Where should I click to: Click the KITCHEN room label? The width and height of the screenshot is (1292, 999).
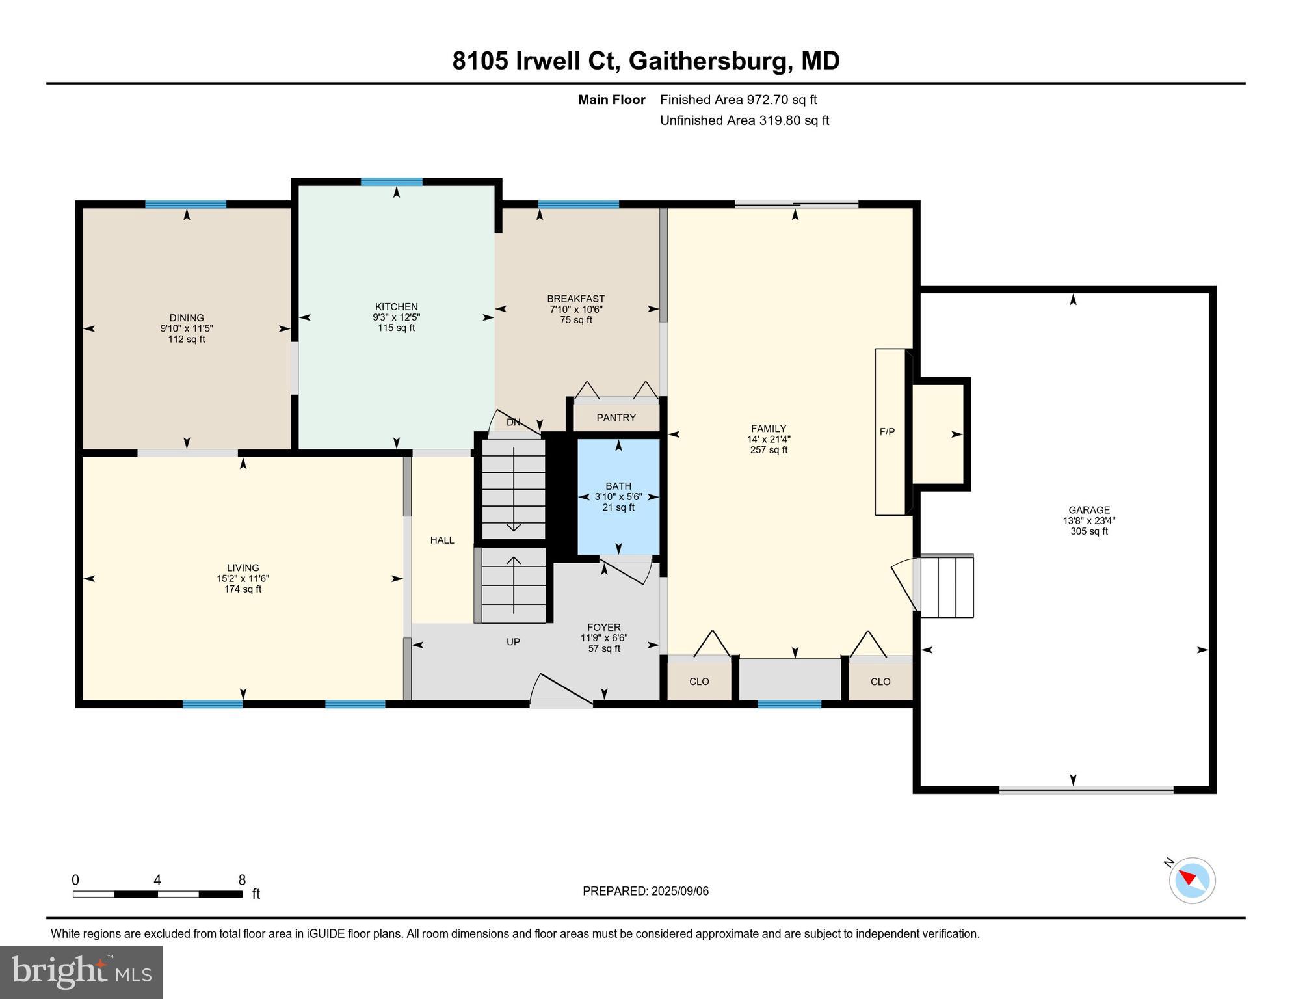click(x=396, y=306)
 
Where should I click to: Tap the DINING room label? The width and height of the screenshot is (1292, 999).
click(x=187, y=318)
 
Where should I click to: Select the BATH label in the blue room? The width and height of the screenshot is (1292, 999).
click(x=618, y=486)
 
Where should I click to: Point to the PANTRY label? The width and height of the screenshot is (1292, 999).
click(x=616, y=418)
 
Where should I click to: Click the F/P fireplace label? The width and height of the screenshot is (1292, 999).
click(x=887, y=431)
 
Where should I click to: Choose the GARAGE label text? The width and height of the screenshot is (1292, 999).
click(x=1088, y=510)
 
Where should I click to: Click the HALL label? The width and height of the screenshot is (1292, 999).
click(x=442, y=540)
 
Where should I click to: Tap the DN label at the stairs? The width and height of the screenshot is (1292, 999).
click(x=513, y=422)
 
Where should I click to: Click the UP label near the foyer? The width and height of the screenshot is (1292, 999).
click(x=513, y=642)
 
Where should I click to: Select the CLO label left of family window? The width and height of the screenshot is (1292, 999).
click(x=699, y=682)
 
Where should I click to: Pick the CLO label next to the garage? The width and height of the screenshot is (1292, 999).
click(x=880, y=682)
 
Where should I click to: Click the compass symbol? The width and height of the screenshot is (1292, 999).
click(x=1192, y=880)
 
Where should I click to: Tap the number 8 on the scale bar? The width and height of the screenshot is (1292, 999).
click(x=242, y=880)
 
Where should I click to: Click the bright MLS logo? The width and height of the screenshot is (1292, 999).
click(x=81, y=972)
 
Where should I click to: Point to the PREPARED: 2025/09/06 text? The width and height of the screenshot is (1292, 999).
click(x=645, y=891)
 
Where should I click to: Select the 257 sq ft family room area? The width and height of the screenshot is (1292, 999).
click(x=769, y=449)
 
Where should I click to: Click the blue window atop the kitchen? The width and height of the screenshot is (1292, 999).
click(x=391, y=182)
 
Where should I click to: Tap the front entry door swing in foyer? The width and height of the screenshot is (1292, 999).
click(x=560, y=690)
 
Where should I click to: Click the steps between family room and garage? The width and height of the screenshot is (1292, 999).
click(x=946, y=586)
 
